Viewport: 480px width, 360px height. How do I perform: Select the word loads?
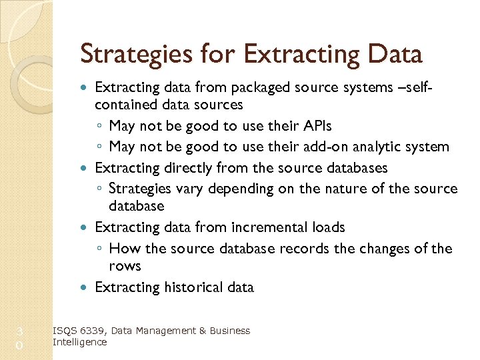(x=328, y=227)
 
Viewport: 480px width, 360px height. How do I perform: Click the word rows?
(x=125, y=266)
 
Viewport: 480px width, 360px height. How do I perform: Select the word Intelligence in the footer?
(x=79, y=342)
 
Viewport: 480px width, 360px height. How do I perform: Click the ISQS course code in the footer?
(x=64, y=331)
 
